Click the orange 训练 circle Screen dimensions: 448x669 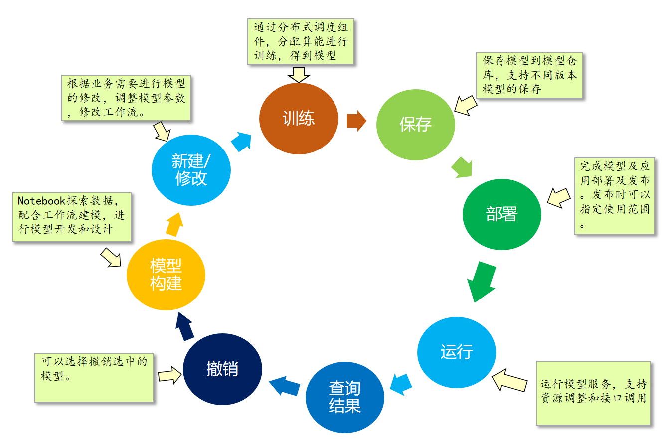pos(299,119)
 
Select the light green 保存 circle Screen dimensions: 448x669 pos(415,125)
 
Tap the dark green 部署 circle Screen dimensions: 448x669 pos(502,214)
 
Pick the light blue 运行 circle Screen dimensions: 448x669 pos(456,352)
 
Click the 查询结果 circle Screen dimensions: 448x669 pos(344,397)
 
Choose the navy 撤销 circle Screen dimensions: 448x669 pos(222,369)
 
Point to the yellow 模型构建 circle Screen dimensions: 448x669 pos(166,275)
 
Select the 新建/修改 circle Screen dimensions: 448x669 pos(191,170)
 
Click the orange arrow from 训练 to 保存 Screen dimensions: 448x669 pos(356,121)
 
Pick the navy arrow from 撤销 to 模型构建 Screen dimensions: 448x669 pos(185,327)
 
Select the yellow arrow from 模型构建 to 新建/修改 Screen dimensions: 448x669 pos(174,224)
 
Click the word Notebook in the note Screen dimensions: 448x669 pos(41,201)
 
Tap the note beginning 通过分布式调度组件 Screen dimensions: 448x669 pos(301,42)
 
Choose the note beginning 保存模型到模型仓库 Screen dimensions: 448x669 pos(529,75)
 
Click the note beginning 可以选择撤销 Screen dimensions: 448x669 pos(94,377)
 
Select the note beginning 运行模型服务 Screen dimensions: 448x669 pos(593,393)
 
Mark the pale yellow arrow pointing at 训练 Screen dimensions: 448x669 pos(299,75)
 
